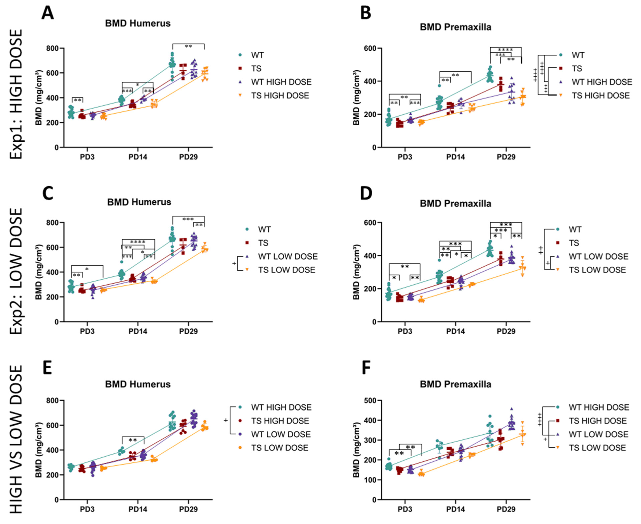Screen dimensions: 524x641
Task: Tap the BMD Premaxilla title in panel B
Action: click(x=455, y=27)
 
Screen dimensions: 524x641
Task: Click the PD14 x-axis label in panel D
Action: click(x=455, y=331)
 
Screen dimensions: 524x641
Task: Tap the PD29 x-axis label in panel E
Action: click(x=188, y=509)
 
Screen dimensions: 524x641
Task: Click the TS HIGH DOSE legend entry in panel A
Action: click(x=280, y=96)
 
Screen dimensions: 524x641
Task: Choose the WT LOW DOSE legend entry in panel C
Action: click(x=287, y=257)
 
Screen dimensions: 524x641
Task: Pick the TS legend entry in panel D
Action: click(x=574, y=243)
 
